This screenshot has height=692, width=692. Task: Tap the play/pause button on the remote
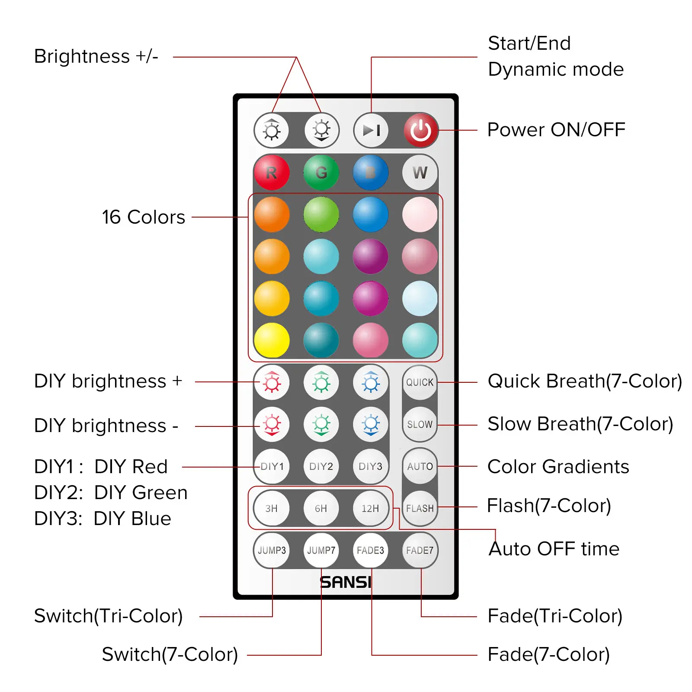[371, 130]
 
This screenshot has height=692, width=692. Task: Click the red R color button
[272, 173]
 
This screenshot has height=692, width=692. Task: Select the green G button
[321, 173]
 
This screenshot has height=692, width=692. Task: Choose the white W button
[420, 173]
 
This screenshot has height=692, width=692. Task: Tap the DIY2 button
[321, 466]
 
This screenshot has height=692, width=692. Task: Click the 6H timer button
[321, 508]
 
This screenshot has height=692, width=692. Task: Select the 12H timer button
[370, 508]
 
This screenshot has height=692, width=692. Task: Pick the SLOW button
[420, 424]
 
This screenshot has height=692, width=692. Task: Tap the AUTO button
[420, 466]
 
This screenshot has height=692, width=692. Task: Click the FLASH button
[420, 508]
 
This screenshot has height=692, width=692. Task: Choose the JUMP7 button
[321, 550]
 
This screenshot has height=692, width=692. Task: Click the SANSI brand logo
[346, 582]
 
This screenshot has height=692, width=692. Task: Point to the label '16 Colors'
[143, 217]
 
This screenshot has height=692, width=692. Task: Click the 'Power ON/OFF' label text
[556, 130]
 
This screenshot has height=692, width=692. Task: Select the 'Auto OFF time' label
[554, 549]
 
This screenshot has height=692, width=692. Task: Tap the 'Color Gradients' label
[558, 467]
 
